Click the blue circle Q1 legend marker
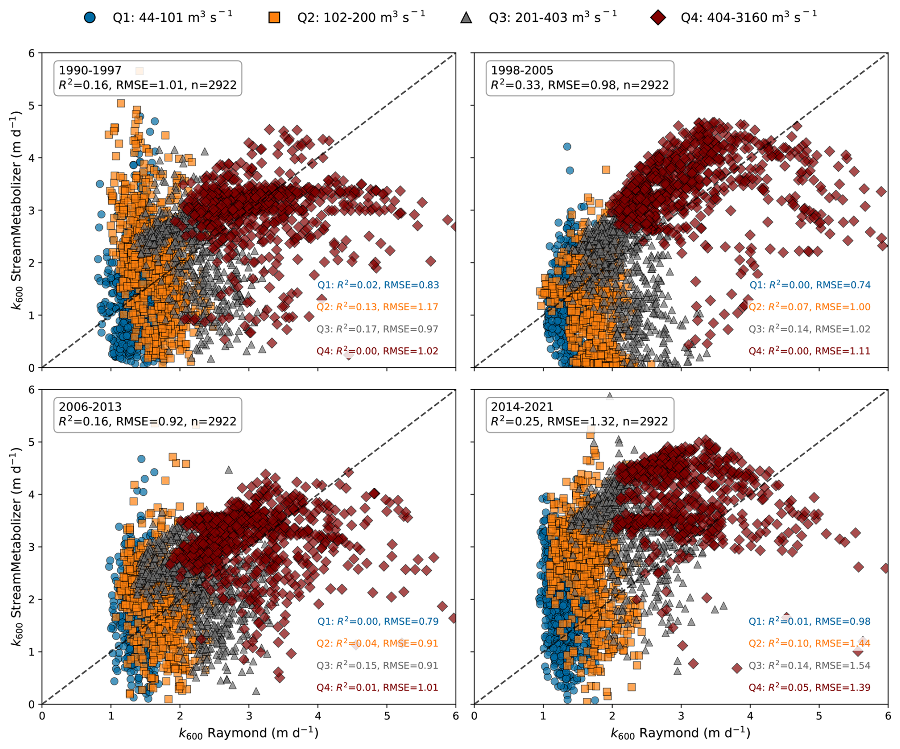click(x=89, y=18)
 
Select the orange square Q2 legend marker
click(x=274, y=18)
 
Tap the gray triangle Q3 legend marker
click(x=466, y=18)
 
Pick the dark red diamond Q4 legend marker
click(x=658, y=18)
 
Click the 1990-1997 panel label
click(x=90, y=70)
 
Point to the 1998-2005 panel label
click(x=522, y=70)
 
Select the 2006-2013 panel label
click(x=90, y=407)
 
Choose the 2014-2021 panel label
click(x=522, y=407)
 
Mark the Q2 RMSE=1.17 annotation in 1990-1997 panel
click(x=411, y=307)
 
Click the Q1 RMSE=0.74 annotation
click(x=843, y=285)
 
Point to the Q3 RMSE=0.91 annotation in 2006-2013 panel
click(x=411, y=665)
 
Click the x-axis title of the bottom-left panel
click(x=249, y=733)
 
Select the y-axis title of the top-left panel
click(x=17, y=210)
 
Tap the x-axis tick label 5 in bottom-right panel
click(x=819, y=716)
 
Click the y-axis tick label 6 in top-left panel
click(x=32, y=53)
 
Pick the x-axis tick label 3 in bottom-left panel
click(x=249, y=716)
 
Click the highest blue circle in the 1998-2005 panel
click(x=567, y=147)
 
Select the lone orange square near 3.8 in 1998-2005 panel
click(x=606, y=169)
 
